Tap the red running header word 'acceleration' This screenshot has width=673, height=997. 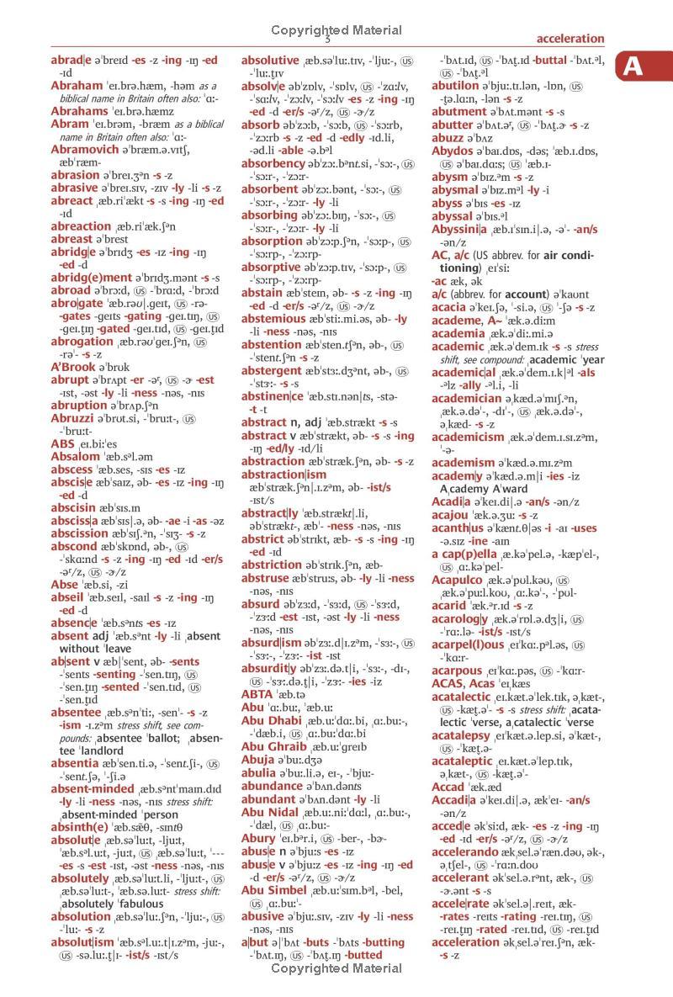coord(570,39)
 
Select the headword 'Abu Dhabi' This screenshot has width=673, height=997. coord(278,696)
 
